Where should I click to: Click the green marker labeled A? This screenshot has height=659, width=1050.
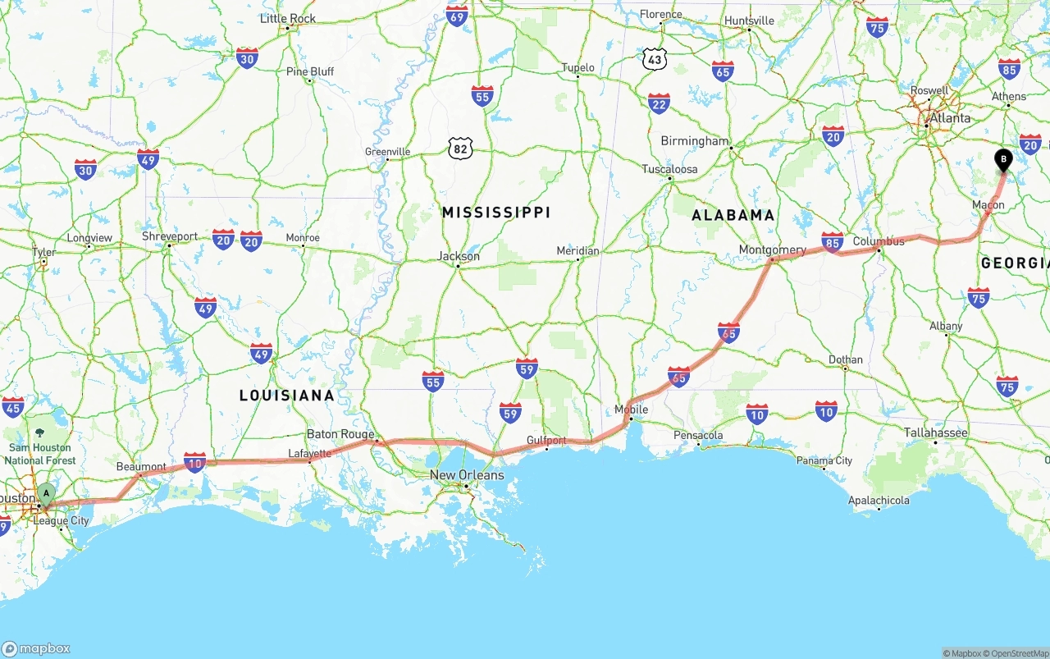click(x=47, y=494)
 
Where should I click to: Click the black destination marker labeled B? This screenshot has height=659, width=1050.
click(x=1003, y=159)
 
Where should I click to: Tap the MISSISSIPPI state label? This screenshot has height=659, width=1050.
click(x=495, y=213)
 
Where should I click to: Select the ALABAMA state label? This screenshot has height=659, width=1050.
click(x=733, y=215)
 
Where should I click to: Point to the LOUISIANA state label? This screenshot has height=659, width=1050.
click(x=287, y=396)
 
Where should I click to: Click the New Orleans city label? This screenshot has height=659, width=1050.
click(x=467, y=475)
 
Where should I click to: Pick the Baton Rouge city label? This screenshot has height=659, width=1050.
click(x=340, y=434)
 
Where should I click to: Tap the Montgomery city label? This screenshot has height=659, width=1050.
click(x=772, y=249)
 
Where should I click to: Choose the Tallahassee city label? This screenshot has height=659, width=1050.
click(x=936, y=432)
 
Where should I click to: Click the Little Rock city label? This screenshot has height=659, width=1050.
click(x=288, y=18)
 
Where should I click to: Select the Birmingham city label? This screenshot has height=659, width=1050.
click(x=694, y=141)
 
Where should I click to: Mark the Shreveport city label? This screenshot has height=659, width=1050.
click(x=170, y=236)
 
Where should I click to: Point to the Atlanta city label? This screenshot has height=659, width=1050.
click(x=949, y=118)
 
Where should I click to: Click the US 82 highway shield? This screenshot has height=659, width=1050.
click(x=461, y=149)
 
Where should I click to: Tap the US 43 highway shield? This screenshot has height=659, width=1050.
click(x=654, y=59)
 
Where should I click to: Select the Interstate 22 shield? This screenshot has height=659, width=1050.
click(x=659, y=103)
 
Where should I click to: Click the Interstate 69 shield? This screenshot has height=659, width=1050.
click(x=457, y=15)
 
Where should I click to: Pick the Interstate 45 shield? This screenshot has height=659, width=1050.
click(x=13, y=407)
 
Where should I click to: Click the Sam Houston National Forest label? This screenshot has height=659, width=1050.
click(x=40, y=454)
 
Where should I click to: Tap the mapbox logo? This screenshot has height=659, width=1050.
click(x=36, y=648)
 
